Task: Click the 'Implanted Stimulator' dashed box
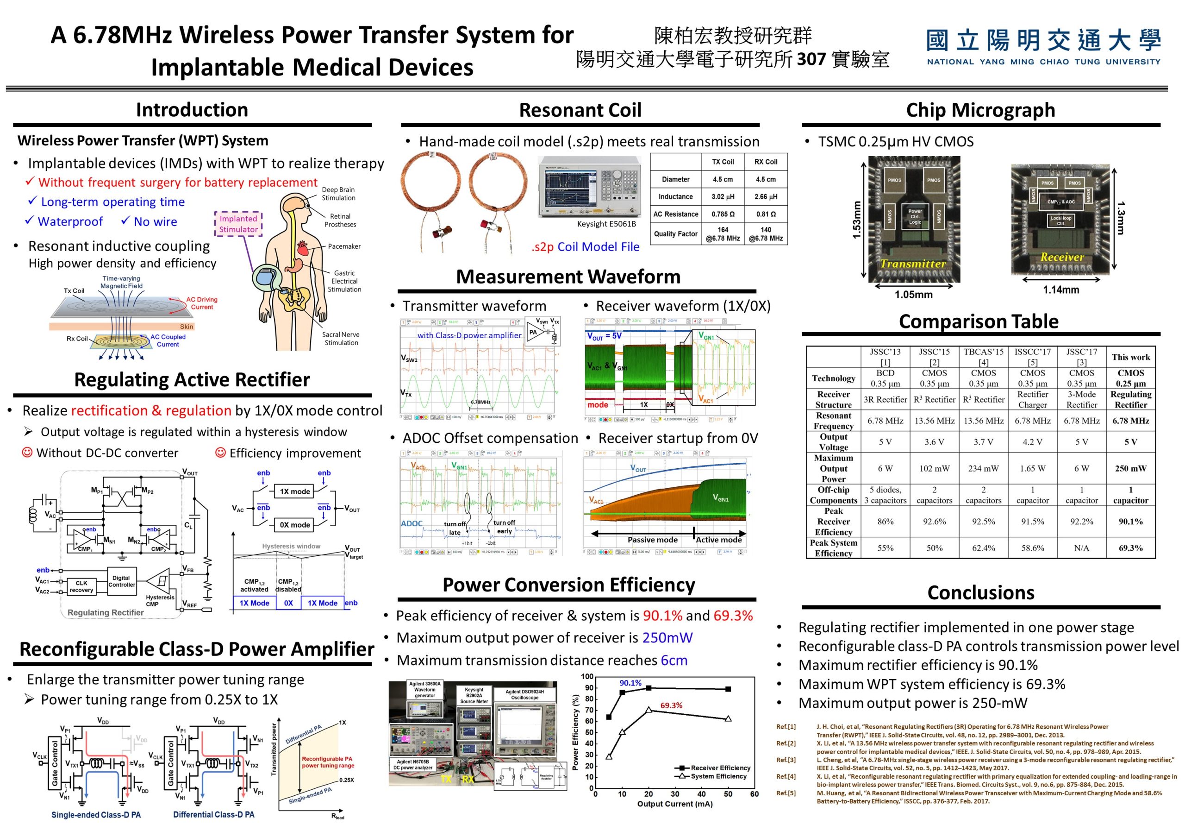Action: pos(238,224)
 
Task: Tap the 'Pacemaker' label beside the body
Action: pos(344,246)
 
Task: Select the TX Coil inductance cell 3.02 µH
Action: pos(723,197)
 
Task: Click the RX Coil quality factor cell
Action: pos(766,234)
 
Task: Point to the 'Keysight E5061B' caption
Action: pos(606,224)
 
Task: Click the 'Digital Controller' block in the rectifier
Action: pos(121,581)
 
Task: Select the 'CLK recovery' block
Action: pos(81,586)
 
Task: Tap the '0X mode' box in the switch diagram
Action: pos(295,525)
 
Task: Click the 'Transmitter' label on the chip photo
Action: pos(913,264)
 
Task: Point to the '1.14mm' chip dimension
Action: pos(1061,290)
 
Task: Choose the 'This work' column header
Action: pos(1130,357)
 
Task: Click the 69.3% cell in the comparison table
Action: pos(1130,548)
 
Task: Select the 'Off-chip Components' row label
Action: pos(834,495)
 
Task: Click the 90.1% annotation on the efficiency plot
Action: pos(630,683)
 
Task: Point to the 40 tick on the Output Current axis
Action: pos(701,794)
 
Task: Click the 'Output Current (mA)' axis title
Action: pos(674,804)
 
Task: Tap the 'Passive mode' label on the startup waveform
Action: pos(652,540)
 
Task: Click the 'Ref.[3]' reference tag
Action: pos(786,760)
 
